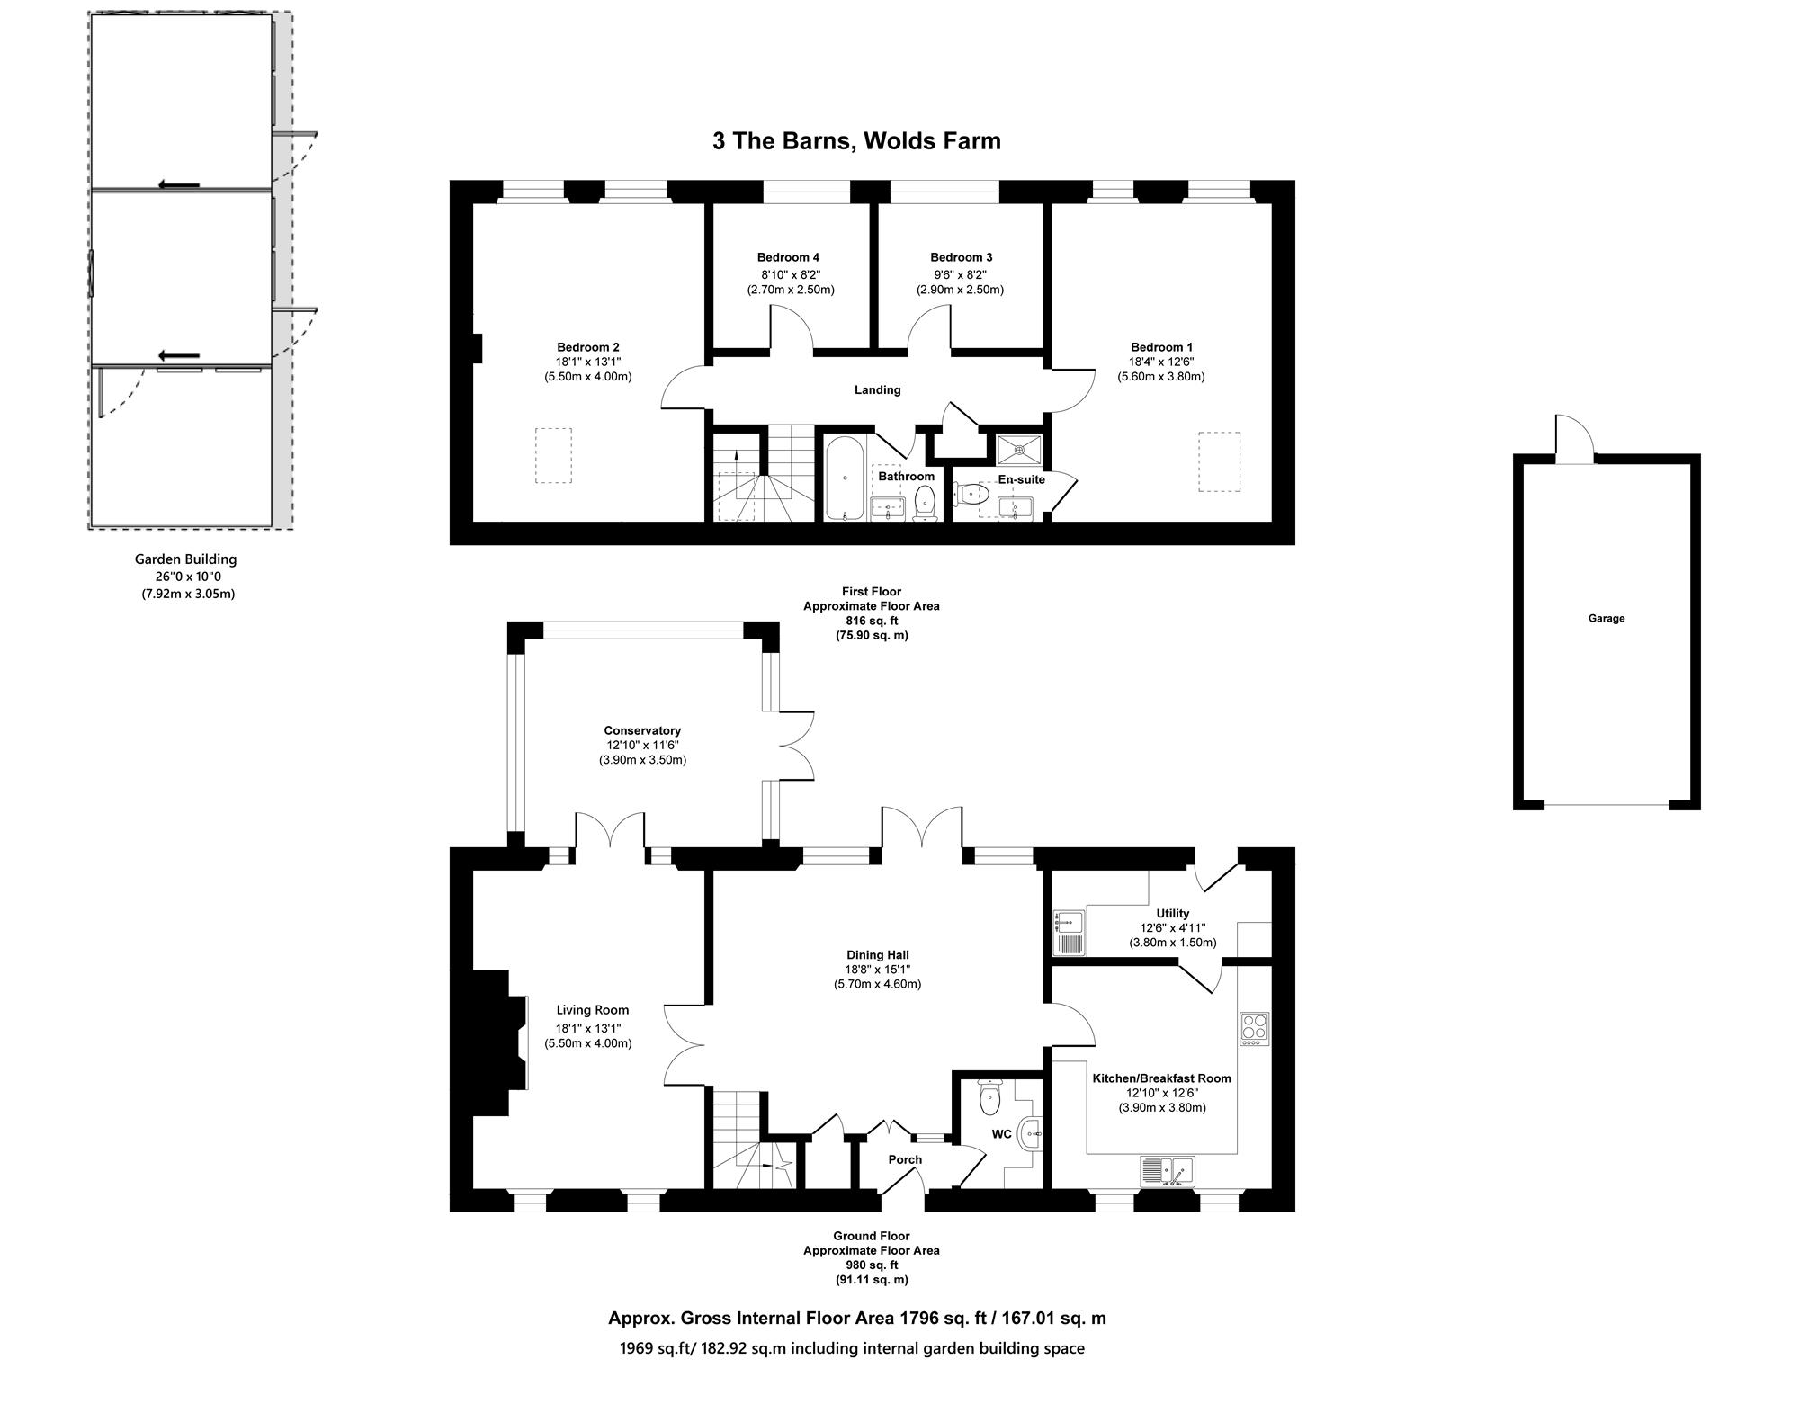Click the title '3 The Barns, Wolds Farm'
pyautogui.click(x=856, y=141)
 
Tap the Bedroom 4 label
pyautogui.click(x=788, y=257)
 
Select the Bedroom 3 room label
pyautogui.click(x=962, y=257)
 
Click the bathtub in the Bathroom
pyautogui.click(x=845, y=478)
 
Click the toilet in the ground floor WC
pyautogui.click(x=990, y=1097)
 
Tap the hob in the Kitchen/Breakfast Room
pyautogui.click(x=1254, y=1029)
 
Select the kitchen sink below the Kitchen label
pyautogui.click(x=1168, y=1170)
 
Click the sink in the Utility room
pyautogui.click(x=1070, y=932)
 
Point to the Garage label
pyautogui.click(x=1607, y=619)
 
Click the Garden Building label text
pyautogui.click(x=185, y=559)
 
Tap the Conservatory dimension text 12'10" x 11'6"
pyautogui.click(x=642, y=746)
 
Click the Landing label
pyautogui.click(x=877, y=390)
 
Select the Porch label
pyautogui.click(x=905, y=1160)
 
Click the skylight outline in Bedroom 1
pyautogui.click(x=1219, y=461)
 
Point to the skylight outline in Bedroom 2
pyautogui.click(x=553, y=455)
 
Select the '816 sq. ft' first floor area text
pyautogui.click(x=871, y=621)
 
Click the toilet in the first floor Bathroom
pyautogui.click(x=925, y=502)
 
